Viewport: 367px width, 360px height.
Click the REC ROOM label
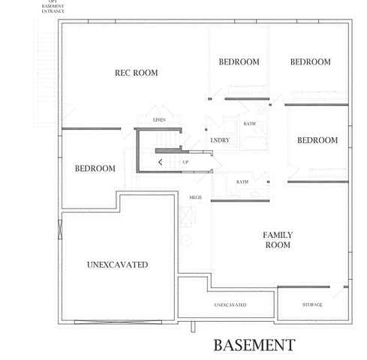click(x=136, y=73)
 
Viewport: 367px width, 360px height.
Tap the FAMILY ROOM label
click(x=277, y=240)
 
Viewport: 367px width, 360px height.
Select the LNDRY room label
click(x=220, y=140)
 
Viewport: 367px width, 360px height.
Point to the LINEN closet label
click(x=159, y=120)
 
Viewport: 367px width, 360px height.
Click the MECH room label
click(x=195, y=197)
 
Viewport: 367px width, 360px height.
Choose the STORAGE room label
click(x=312, y=304)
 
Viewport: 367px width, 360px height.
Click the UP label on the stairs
click(x=185, y=161)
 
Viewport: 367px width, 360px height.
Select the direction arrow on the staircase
click(x=161, y=160)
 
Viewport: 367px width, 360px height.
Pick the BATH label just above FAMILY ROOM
click(x=242, y=181)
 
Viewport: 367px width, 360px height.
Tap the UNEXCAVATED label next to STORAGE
click(x=230, y=304)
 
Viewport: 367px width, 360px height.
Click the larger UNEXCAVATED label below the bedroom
click(x=117, y=265)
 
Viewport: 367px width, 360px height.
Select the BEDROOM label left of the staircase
click(x=95, y=169)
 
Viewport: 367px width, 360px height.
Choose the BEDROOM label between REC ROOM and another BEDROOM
click(x=239, y=61)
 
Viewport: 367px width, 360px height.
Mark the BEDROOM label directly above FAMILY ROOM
click(x=317, y=140)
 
